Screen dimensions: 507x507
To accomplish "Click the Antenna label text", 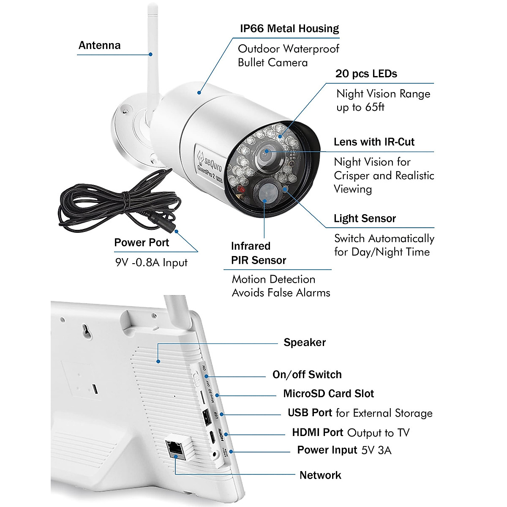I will pyautogui.click(x=99, y=46).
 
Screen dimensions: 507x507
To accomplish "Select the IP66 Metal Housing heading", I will pyautogui.click(x=289, y=29).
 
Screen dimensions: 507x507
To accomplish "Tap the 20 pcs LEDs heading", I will pyautogui.click(x=366, y=74).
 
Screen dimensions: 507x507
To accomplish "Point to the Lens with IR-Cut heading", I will pyautogui.click(x=374, y=142).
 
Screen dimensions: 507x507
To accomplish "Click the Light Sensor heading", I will pyautogui.click(x=365, y=218).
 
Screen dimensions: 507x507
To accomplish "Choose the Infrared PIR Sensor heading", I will pyautogui.click(x=258, y=253).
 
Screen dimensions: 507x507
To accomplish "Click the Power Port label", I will pyautogui.click(x=141, y=243).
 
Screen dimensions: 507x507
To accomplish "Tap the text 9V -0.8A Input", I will pyautogui.click(x=151, y=262).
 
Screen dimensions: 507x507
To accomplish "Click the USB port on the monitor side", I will pyautogui.click(x=207, y=418).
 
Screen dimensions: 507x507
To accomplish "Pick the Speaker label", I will pyautogui.click(x=304, y=343).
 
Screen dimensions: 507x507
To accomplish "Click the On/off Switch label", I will pyautogui.click(x=307, y=375).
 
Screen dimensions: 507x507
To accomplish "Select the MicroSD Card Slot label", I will pyautogui.click(x=328, y=394).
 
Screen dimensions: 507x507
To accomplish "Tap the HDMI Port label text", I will pyautogui.click(x=317, y=433).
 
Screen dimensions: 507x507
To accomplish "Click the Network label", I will pyautogui.click(x=320, y=475).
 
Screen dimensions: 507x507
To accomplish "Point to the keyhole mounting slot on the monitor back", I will pyautogui.click(x=87, y=332).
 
